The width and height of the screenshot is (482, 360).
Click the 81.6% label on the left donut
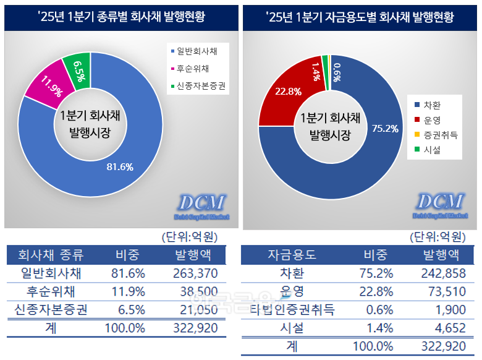click(x=120, y=166)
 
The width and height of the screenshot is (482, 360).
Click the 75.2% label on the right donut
click(x=384, y=128)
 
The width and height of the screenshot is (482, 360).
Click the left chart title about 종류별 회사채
click(x=121, y=17)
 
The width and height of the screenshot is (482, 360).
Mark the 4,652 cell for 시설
click(x=449, y=328)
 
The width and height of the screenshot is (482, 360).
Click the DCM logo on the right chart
click(x=439, y=202)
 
